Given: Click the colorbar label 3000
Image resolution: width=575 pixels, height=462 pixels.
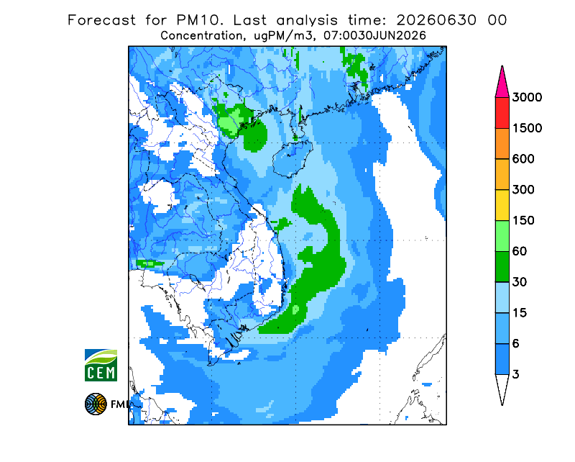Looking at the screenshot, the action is [527, 97].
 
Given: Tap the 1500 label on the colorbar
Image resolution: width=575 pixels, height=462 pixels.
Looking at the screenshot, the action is [527, 128].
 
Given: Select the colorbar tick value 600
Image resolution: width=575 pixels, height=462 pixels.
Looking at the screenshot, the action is [523, 159].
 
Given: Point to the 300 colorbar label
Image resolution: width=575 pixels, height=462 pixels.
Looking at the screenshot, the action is [523, 190].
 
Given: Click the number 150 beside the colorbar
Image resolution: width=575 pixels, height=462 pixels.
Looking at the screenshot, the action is [523, 221].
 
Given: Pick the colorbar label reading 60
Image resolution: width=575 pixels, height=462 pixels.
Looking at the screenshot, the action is [520, 252].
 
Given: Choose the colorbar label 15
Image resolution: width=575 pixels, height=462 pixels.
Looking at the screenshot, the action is [520, 313].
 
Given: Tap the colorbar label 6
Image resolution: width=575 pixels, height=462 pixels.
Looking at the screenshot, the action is [516, 344].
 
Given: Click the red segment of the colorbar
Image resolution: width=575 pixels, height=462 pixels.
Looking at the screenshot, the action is [502, 113].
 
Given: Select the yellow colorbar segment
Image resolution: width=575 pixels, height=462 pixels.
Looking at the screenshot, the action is [502, 205].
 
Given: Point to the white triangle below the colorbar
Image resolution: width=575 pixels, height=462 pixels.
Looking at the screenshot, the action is [502, 386].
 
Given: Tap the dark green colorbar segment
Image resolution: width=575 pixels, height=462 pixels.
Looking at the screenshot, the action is [502, 267].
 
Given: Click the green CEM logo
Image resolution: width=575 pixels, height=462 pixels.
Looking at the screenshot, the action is [101, 366].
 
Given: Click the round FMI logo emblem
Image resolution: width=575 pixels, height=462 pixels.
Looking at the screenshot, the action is [96, 404].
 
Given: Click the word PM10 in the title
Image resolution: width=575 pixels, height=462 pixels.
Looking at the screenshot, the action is [200, 20].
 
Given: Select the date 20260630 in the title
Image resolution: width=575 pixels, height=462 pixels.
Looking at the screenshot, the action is [436, 20].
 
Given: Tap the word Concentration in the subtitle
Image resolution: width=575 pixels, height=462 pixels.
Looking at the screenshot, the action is [202, 36].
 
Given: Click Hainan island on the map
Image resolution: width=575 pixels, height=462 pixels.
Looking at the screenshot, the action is [293, 158].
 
